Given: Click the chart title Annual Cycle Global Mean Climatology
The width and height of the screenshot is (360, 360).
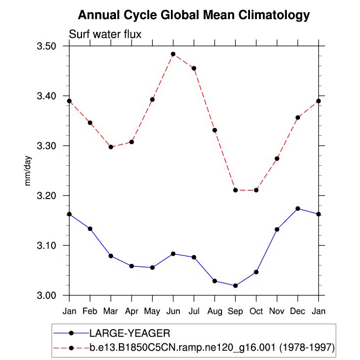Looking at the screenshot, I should click(194, 15).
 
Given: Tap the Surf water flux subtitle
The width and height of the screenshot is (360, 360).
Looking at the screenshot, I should click(105, 34).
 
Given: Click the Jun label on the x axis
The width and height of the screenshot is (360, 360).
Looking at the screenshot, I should click(173, 311).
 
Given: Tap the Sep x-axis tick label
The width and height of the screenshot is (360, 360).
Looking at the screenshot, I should click(235, 311).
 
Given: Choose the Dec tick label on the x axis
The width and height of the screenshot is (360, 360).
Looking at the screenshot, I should click(298, 311).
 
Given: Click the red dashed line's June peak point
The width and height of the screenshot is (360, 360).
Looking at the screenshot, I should click(173, 54).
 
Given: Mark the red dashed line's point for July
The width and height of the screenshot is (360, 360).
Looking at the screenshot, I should click(194, 68).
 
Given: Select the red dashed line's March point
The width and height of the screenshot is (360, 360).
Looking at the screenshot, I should click(111, 147).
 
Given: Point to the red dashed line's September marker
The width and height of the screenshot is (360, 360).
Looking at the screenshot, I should click(235, 190).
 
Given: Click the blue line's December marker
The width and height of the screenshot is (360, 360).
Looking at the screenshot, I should click(298, 208).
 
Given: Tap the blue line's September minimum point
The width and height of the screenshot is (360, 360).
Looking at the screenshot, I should click(235, 285).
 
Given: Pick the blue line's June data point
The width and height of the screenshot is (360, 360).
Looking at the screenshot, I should click(173, 254).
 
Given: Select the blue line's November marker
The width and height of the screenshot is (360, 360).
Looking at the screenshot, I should click(277, 230).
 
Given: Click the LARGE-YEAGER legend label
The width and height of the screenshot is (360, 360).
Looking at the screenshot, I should click(129, 334).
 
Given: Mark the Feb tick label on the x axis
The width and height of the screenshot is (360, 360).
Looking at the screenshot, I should click(90, 311).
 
